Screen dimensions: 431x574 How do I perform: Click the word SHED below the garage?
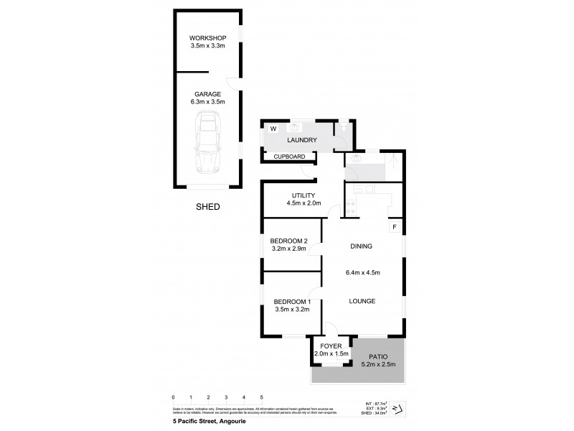point(208,207)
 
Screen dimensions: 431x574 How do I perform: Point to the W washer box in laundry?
point(273,129)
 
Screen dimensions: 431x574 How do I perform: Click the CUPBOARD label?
point(290,156)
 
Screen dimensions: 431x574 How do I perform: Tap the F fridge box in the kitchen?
point(393,227)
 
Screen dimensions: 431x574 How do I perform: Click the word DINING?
point(361,246)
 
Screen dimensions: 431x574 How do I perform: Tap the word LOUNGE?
point(362,301)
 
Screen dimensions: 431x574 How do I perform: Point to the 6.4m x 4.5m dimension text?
point(362,272)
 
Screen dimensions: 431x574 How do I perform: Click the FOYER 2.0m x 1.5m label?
point(331,351)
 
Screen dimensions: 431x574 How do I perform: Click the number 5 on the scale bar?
point(262,397)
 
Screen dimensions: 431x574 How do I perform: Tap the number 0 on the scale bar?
point(173,397)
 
